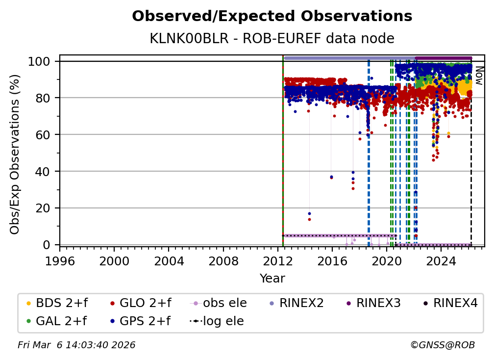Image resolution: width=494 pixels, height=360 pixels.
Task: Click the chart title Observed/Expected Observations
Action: coord(272,16)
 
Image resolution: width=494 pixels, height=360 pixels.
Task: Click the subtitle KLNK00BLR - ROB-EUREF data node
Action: coord(272,38)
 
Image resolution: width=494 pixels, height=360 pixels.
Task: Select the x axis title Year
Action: coord(272,279)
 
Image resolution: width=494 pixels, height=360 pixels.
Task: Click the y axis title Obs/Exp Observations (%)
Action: coord(15,154)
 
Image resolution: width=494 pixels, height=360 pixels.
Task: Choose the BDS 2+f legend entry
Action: coord(55,303)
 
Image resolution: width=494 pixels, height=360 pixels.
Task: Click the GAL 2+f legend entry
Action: coord(55,321)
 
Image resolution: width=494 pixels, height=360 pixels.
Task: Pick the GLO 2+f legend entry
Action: coord(141,303)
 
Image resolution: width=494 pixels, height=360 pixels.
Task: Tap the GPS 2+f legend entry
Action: coord(141,321)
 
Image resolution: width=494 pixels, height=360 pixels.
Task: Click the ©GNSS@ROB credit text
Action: coord(442,345)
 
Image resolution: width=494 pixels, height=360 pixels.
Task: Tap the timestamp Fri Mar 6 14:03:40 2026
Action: coord(76,345)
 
